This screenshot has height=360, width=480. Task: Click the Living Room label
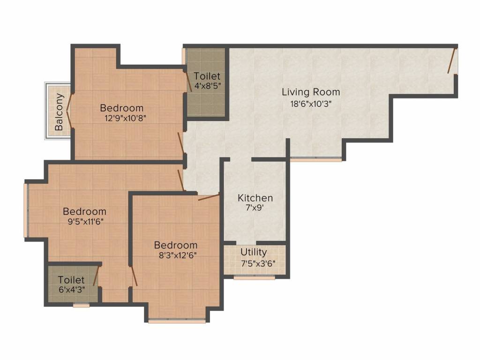[311, 92]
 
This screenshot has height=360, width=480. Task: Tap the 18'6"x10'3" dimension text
[311, 104]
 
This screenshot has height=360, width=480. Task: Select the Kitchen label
[255, 198]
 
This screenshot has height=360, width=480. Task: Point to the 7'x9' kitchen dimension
[255, 208]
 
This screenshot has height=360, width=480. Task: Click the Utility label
[254, 252]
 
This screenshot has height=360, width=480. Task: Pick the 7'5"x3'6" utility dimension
[258, 263]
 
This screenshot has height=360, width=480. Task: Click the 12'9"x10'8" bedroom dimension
[125, 118]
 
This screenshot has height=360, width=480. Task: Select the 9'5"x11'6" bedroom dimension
[85, 221]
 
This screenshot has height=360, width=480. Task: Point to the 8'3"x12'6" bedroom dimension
[178, 255]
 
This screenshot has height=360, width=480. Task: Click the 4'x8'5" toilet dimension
[207, 86]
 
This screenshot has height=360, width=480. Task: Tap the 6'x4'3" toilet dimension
[72, 290]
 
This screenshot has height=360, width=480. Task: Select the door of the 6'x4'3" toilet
[96, 276]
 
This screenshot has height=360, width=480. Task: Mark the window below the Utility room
[255, 277]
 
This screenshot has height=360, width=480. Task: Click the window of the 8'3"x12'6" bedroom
[177, 321]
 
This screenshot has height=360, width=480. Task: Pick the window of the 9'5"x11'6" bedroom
[26, 210]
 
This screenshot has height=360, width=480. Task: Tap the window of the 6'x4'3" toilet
[82, 305]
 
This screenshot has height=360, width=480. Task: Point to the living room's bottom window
[316, 159]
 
